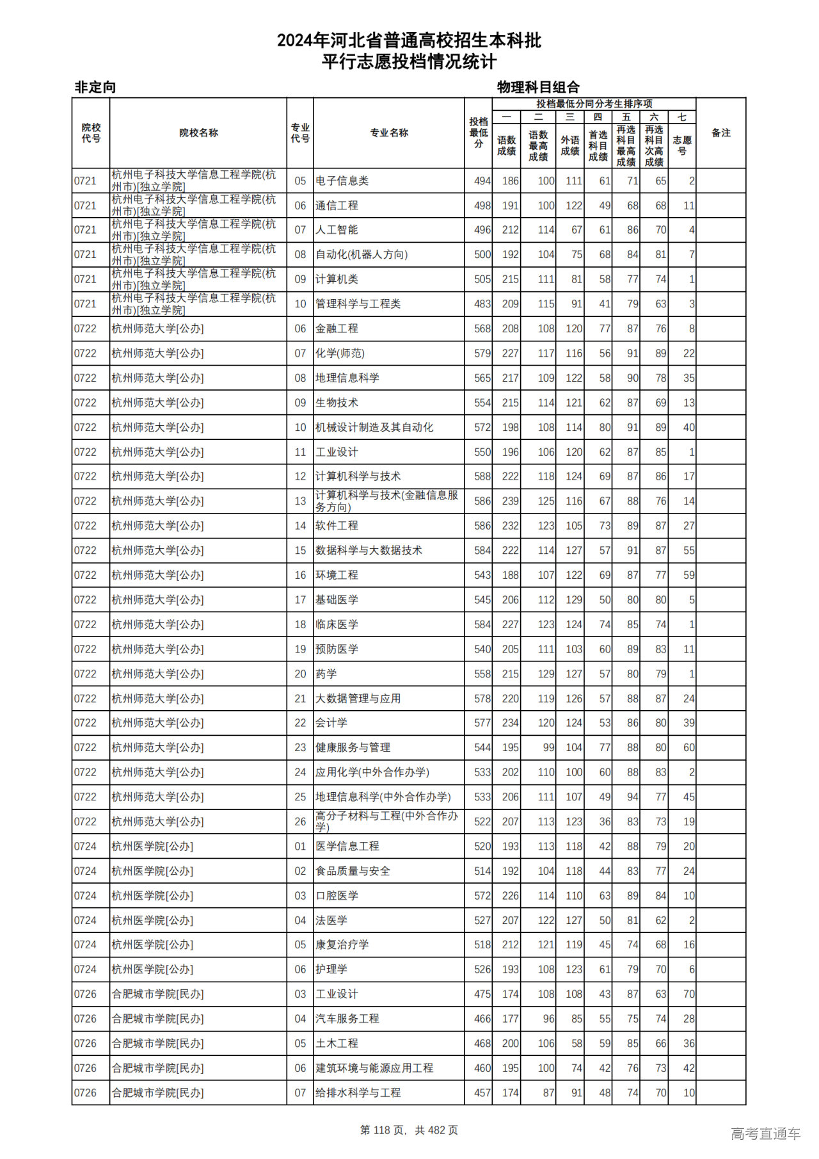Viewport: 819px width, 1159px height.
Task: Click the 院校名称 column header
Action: (x=198, y=133)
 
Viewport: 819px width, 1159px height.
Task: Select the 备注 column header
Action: (x=720, y=133)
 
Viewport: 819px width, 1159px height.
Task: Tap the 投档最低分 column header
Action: (x=478, y=133)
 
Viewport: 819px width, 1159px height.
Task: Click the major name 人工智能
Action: (x=337, y=230)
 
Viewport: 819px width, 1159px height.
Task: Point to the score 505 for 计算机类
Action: (x=482, y=279)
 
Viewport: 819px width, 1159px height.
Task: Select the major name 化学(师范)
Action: (x=340, y=353)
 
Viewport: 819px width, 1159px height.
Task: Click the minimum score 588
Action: (x=482, y=476)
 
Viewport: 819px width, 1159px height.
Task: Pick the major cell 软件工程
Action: (x=337, y=526)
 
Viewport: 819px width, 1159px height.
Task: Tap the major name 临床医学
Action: (x=337, y=624)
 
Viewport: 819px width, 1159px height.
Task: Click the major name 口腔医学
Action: (x=337, y=896)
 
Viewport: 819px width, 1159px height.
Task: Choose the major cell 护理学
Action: (x=331, y=969)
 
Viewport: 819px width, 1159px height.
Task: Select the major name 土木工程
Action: (x=337, y=1044)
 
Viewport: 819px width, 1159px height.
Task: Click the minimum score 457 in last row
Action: (x=482, y=1093)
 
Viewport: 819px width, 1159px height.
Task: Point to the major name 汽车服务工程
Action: (x=347, y=1019)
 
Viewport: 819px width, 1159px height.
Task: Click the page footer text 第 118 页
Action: (x=383, y=1130)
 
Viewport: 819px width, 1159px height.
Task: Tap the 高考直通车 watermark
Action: (x=765, y=1133)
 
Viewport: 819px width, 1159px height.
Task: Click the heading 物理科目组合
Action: (x=538, y=87)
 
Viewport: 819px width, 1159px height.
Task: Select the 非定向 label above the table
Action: (x=95, y=87)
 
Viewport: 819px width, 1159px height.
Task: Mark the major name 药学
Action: (x=326, y=674)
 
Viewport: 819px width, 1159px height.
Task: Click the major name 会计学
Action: (x=331, y=723)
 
